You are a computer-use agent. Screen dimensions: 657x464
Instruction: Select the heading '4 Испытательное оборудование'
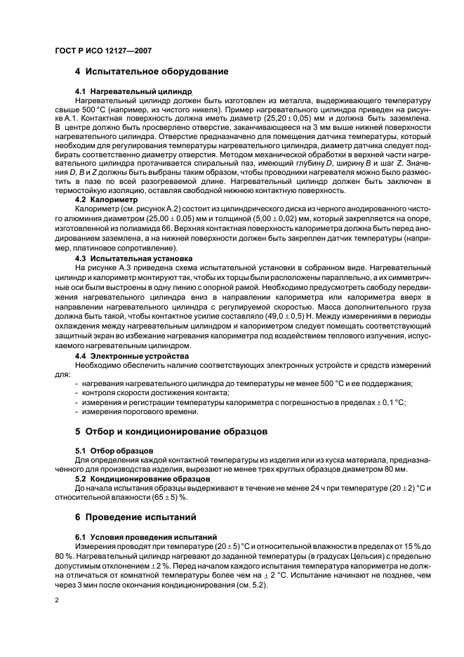pos(151,72)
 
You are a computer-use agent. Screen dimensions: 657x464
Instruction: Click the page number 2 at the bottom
pos(57,599)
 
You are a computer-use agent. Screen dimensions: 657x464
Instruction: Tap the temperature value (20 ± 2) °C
pos(404,486)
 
